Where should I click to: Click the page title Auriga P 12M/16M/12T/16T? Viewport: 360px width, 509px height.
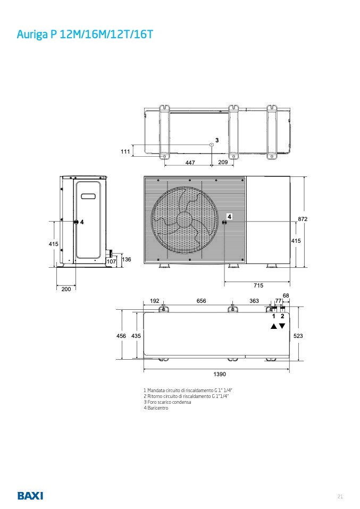[x=85, y=34]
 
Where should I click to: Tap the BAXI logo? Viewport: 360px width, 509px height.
[x=30, y=496]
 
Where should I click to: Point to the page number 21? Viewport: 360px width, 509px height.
[x=340, y=496]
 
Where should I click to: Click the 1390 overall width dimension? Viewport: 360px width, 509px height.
[x=220, y=374]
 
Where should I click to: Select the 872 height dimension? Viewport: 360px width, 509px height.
[x=303, y=219]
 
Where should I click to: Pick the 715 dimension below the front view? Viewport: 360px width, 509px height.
[x=258, y=285]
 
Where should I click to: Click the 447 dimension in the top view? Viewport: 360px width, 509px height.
[x=190, y=162]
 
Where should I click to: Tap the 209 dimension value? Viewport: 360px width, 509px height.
[x=223, y=162]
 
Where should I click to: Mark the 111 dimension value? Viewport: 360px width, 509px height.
[x=125, y=151]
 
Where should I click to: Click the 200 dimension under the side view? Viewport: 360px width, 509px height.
[x=66, y=289]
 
